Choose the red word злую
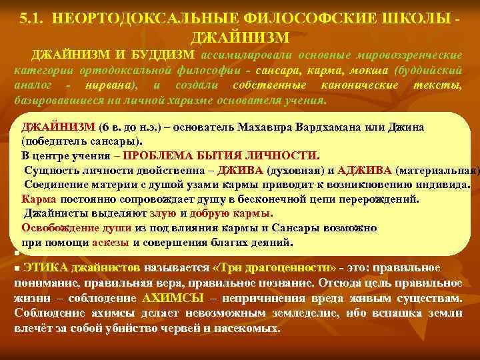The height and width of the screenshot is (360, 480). coord(163,213)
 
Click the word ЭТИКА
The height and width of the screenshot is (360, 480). coord(44,268)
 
